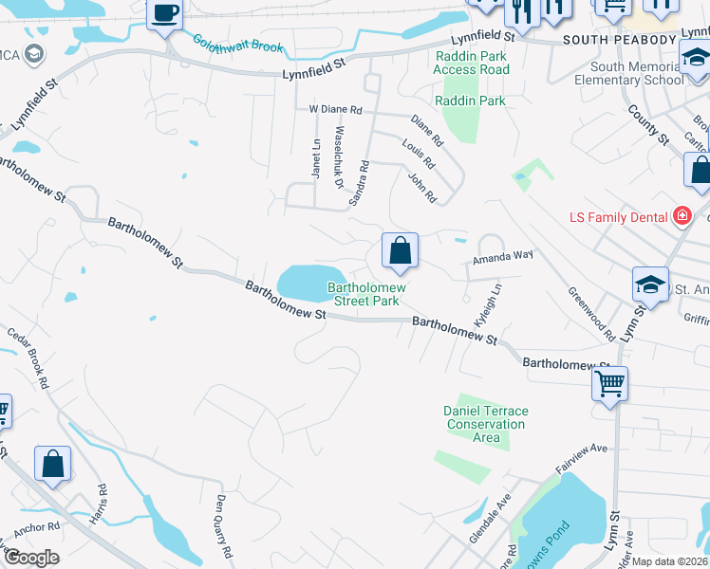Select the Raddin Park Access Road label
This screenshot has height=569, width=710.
(x=472, y=63)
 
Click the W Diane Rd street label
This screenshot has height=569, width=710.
(x=336, y=110)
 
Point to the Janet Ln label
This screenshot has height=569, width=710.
(x=316, y=157)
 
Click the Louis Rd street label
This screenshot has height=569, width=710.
(x=418, y=155)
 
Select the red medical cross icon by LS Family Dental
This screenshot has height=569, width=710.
(x=681, y=217)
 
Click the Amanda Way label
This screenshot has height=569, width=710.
(x=503, y=256)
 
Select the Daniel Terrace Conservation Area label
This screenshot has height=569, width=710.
(x=486, y=424)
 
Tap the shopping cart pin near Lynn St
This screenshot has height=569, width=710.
(x=609, y=384)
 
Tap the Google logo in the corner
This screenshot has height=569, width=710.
(x=31, y=558)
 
